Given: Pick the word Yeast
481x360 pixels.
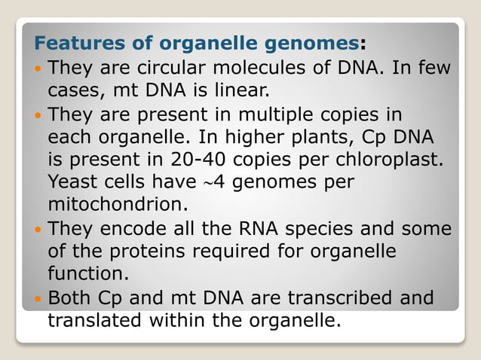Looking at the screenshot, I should coord(71,182).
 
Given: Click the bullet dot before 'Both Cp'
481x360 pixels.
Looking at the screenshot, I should coord(38,299).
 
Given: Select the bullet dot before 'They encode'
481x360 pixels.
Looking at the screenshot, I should coord(38,230).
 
